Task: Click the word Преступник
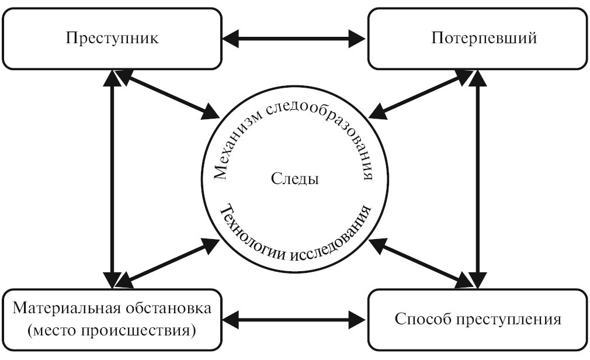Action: (x=112, y=39)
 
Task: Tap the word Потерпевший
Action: (x=484, y=39)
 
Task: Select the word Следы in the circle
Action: (x=295, y=179)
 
